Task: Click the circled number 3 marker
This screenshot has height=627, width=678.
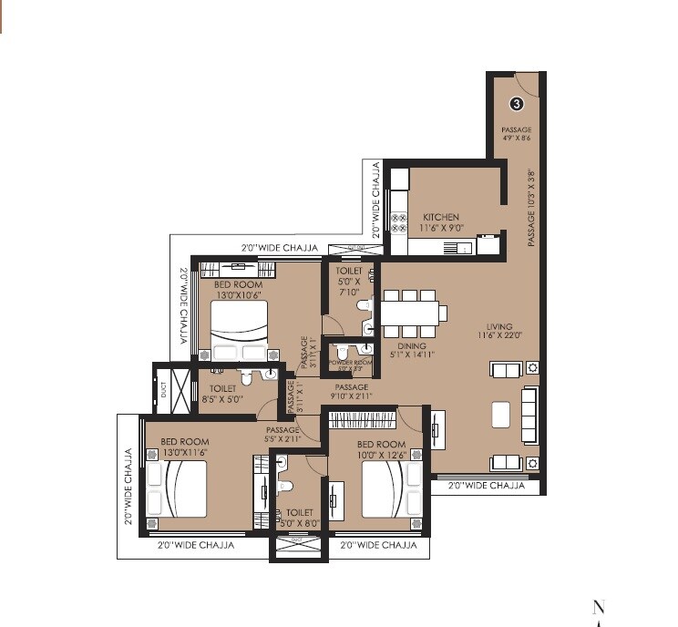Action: click(516, 104)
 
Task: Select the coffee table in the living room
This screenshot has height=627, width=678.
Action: click(500, 415)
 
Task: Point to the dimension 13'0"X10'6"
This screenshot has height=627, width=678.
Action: click(239, 294)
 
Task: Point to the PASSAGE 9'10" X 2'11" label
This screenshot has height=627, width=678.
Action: click(351, 392)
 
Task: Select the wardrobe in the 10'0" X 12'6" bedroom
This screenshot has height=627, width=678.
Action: click(363, 420)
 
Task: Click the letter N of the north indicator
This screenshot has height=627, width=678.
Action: click(599, 608)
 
